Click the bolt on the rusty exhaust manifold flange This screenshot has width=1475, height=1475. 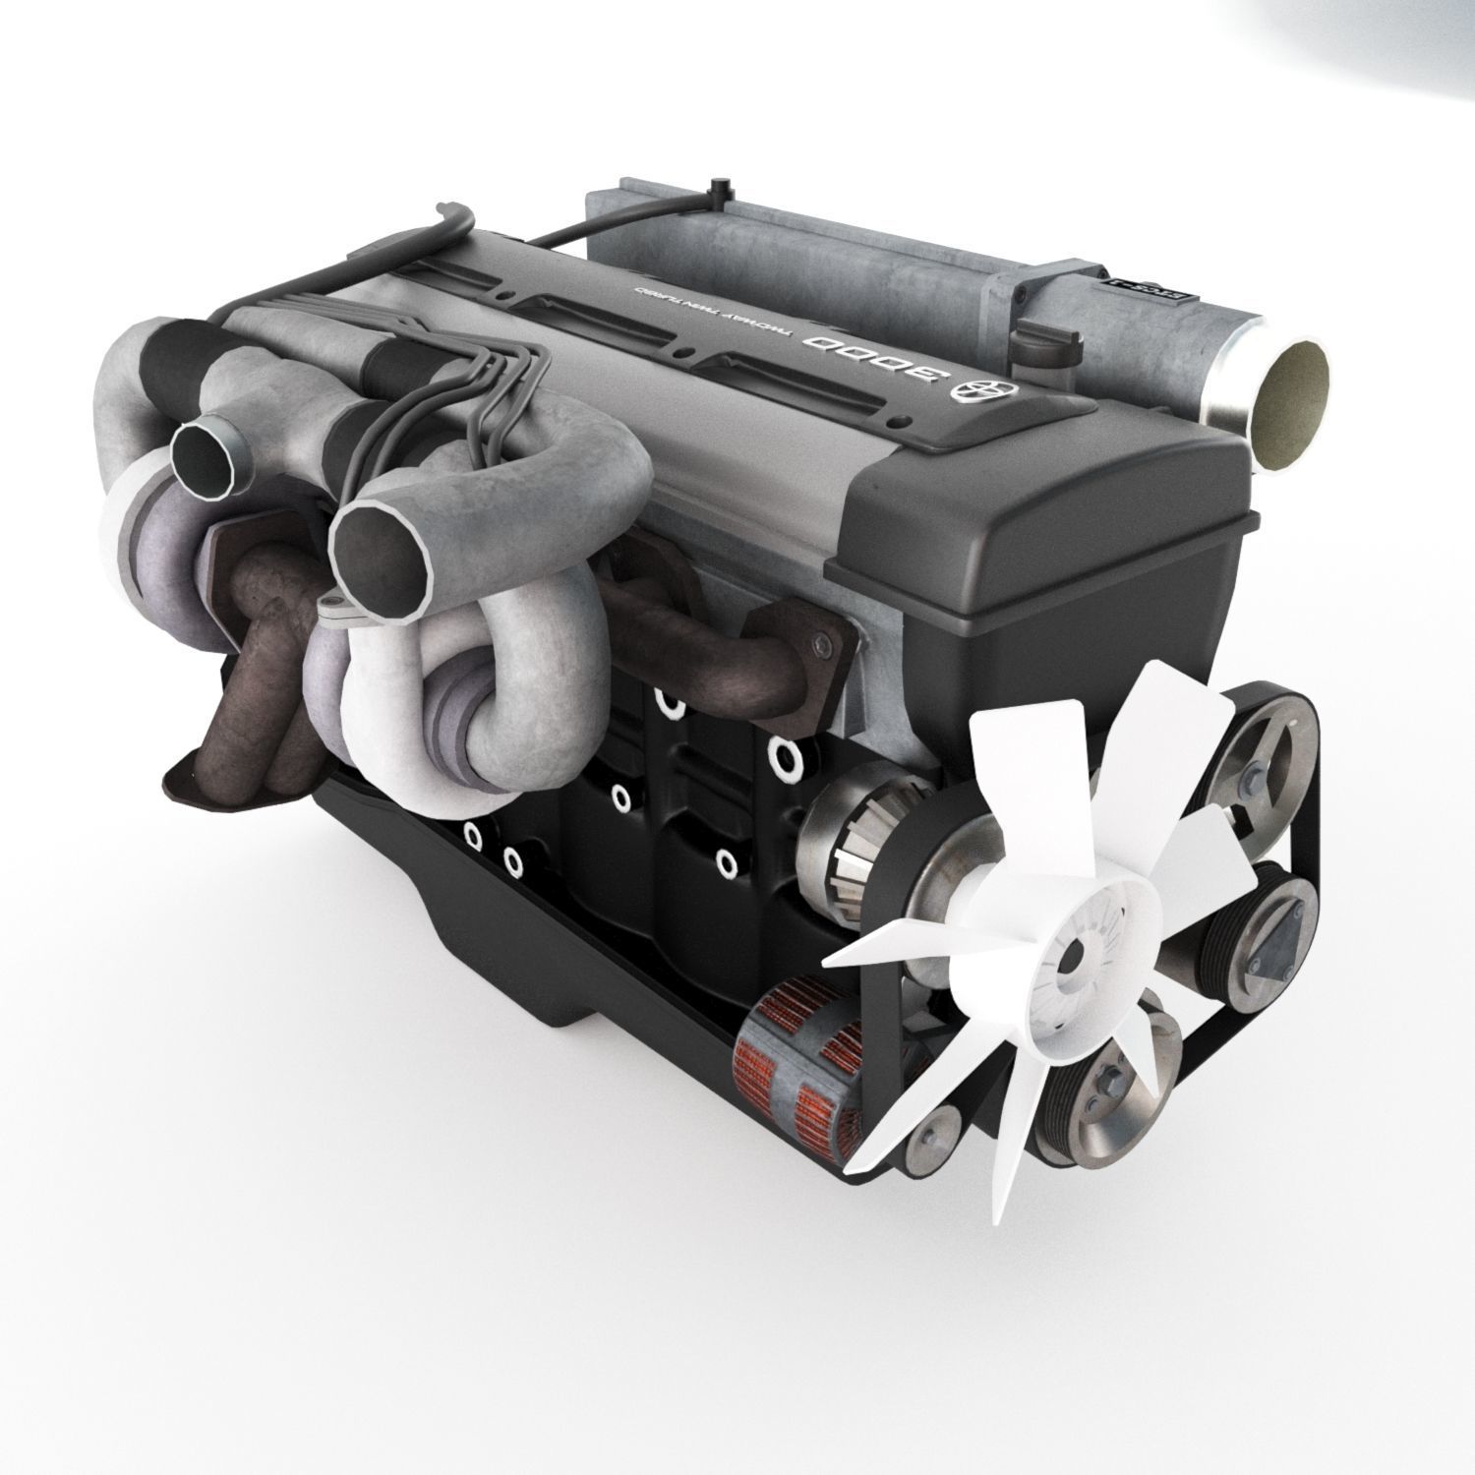pyautogui.click(x=818, y=642)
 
